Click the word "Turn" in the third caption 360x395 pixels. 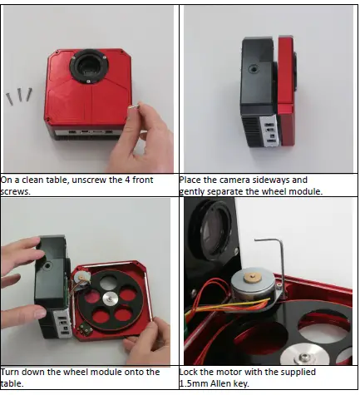pos(12,371)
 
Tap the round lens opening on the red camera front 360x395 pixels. pos(85,66)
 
